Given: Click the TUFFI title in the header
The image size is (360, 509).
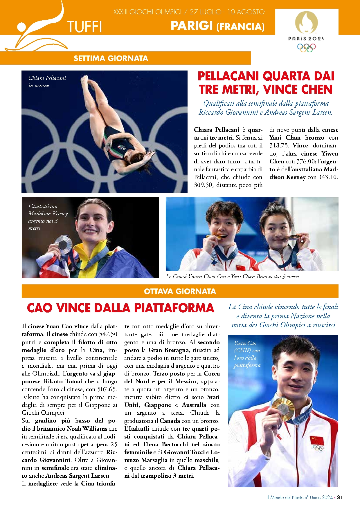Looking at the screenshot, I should pyautogui.click(x=84, y=27).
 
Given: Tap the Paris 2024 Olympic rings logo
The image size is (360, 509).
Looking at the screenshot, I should pyautogui.click(x=306, y=47).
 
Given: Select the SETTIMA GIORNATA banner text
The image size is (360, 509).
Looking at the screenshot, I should pyautogui.click(x=111, y=58).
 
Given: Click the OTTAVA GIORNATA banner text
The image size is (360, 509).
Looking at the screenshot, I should pyautogui.click(x=180, y=291).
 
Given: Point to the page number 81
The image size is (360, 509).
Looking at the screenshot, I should pyautogui.click(x=340, y=497).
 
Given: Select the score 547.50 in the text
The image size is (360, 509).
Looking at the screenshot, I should pyautogui.click(x=108, y=334).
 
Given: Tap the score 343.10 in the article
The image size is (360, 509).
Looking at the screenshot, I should pyautogui.click(x=328, y=177).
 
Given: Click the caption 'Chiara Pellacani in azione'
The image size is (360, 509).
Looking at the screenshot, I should pyautogui.click(x=47, y=82).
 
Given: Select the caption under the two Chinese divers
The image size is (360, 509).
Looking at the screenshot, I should pyautogui.click(x=232, y=277).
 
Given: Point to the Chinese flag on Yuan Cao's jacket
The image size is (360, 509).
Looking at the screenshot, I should pyautogui.click(x=317, y=440).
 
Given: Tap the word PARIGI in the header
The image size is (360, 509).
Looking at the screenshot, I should pyautogui.click(x=192, y=26).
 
